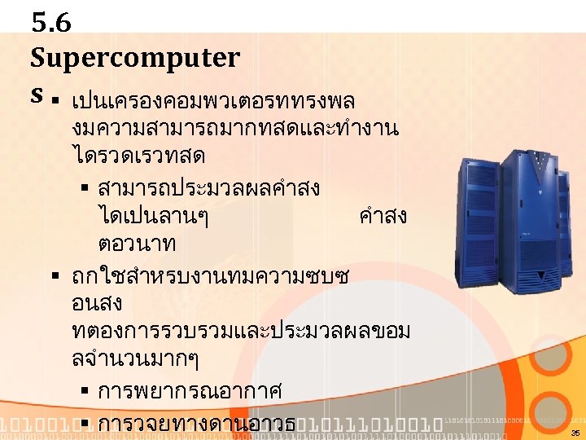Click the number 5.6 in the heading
click(51, 23)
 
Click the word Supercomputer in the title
click(135, 58)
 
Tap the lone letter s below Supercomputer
click(37, 94)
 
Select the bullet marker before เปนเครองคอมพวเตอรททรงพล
click(55, 103)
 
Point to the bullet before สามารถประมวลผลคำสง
click(84, 190)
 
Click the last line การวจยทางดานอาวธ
click(196, 425)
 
